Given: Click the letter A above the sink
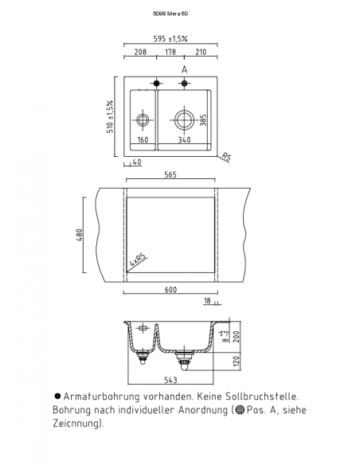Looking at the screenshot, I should click(185, 70).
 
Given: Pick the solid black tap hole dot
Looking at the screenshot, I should click(157, 84).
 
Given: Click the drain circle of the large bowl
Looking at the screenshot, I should click(185, 120).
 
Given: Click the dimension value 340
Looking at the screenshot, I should click(185, 141).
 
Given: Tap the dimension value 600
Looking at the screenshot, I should click(170, 289).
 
